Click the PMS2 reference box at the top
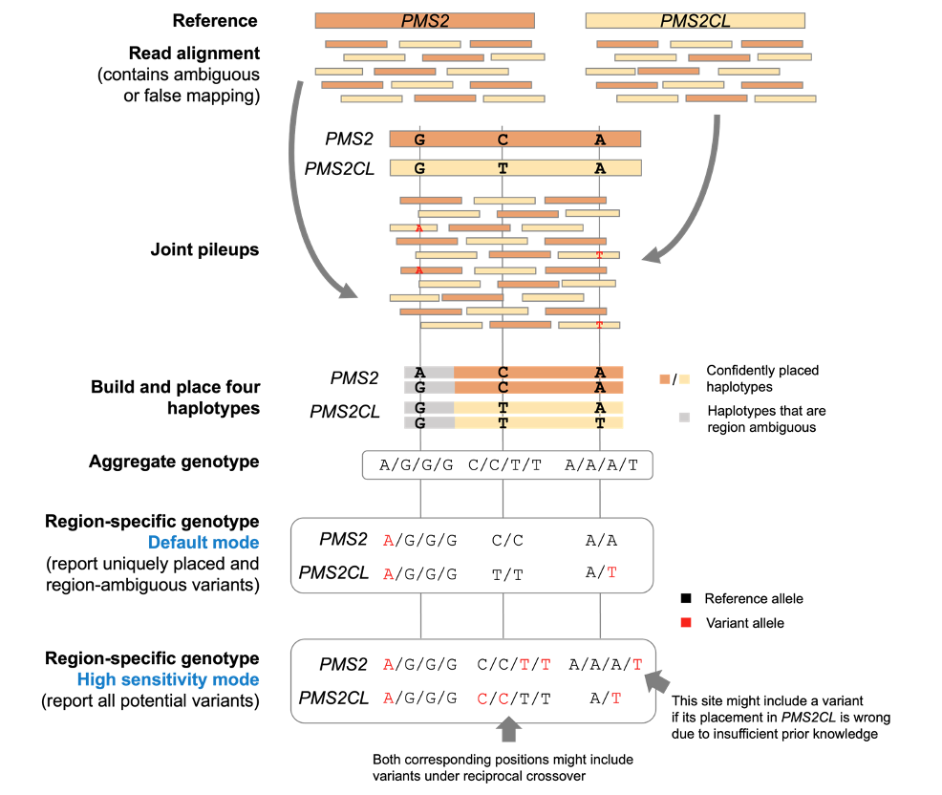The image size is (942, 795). point(424,20)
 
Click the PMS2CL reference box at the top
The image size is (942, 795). point(695,20)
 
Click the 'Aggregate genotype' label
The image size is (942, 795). point(174,462)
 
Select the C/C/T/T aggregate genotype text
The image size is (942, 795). point(505,466)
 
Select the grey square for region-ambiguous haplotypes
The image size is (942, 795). point(683,417)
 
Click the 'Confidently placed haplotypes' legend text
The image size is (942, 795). point(761,378)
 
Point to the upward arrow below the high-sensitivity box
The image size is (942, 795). point(508,728)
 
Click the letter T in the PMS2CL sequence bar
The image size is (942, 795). point(503,168)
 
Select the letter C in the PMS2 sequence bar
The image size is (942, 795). point(503,140)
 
